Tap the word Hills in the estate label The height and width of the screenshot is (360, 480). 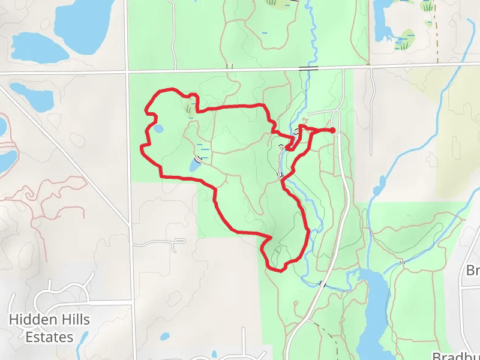[72, 320]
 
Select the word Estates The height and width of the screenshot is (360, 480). [49, 337]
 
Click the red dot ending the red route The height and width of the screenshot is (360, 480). [333, 130]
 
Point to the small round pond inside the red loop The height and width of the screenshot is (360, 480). [158, 128]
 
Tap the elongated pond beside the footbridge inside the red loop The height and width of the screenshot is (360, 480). [194, 164]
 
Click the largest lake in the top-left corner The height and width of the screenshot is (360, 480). [84, 18]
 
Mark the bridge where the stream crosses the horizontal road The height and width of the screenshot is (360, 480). [308, 70]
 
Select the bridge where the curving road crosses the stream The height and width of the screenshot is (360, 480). [323, 283]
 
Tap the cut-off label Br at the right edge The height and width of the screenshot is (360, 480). [473, 271]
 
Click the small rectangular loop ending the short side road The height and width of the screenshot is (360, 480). [179, 241]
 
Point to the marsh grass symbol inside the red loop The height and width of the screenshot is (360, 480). [191, 107]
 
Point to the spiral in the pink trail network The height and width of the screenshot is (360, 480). [29, 193]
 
